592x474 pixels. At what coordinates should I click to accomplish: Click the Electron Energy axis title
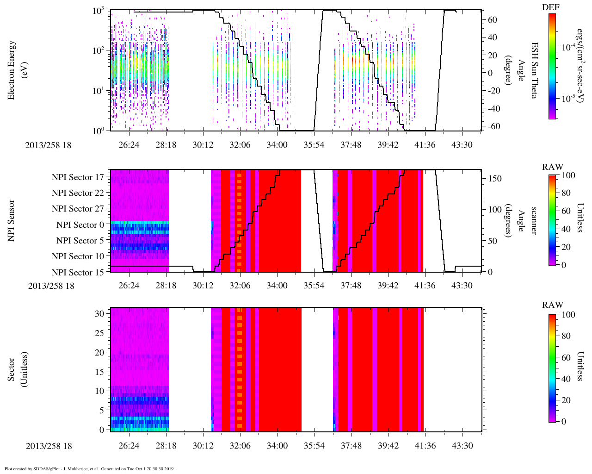[12, 69]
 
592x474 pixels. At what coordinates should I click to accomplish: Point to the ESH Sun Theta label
[534, 69]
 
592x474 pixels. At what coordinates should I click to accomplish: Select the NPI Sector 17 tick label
[78, 177]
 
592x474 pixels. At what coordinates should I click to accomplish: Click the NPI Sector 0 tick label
[80, 225]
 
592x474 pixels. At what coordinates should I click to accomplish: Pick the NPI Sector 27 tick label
[78, 209]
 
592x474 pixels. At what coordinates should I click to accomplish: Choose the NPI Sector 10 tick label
[78, 256]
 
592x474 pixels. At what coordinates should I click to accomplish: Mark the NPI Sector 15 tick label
[78, 273]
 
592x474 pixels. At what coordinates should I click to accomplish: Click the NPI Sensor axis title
[12, 220]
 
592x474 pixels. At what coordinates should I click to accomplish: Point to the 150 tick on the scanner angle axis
[495, 179]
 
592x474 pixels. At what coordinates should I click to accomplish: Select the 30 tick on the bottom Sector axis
[99, 313]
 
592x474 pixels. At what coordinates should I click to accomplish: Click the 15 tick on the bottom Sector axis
[99, 372]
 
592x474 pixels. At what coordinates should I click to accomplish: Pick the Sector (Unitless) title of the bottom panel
[18, 369]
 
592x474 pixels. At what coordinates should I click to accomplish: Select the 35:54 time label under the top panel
[314, 145]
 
